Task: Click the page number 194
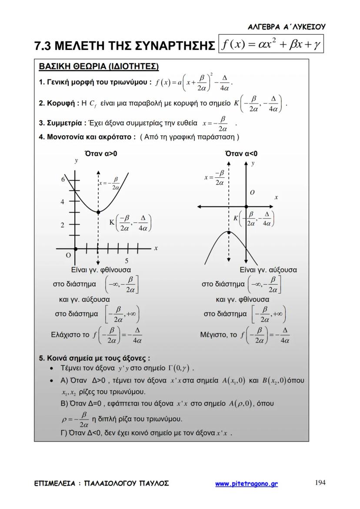(x=320, y=482)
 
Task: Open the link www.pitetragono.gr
(x=247, y=483)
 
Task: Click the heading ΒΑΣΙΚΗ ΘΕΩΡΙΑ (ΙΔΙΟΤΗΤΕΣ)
(x=99, y=67)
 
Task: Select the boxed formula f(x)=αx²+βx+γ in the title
(x=271, y=45)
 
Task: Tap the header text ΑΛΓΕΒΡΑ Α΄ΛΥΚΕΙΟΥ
(x=286, y=27)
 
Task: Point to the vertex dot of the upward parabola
(x=99, y=212)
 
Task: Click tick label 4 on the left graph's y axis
(x=63, y=202)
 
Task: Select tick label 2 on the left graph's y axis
(x=63, y=225)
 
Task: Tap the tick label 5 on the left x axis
(x=127, y=261)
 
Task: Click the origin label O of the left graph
(x=68, y=255)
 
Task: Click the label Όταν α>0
(x=101, y=153)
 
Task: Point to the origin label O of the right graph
(x=252, y=192)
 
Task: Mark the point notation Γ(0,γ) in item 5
(x=180, y=369)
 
